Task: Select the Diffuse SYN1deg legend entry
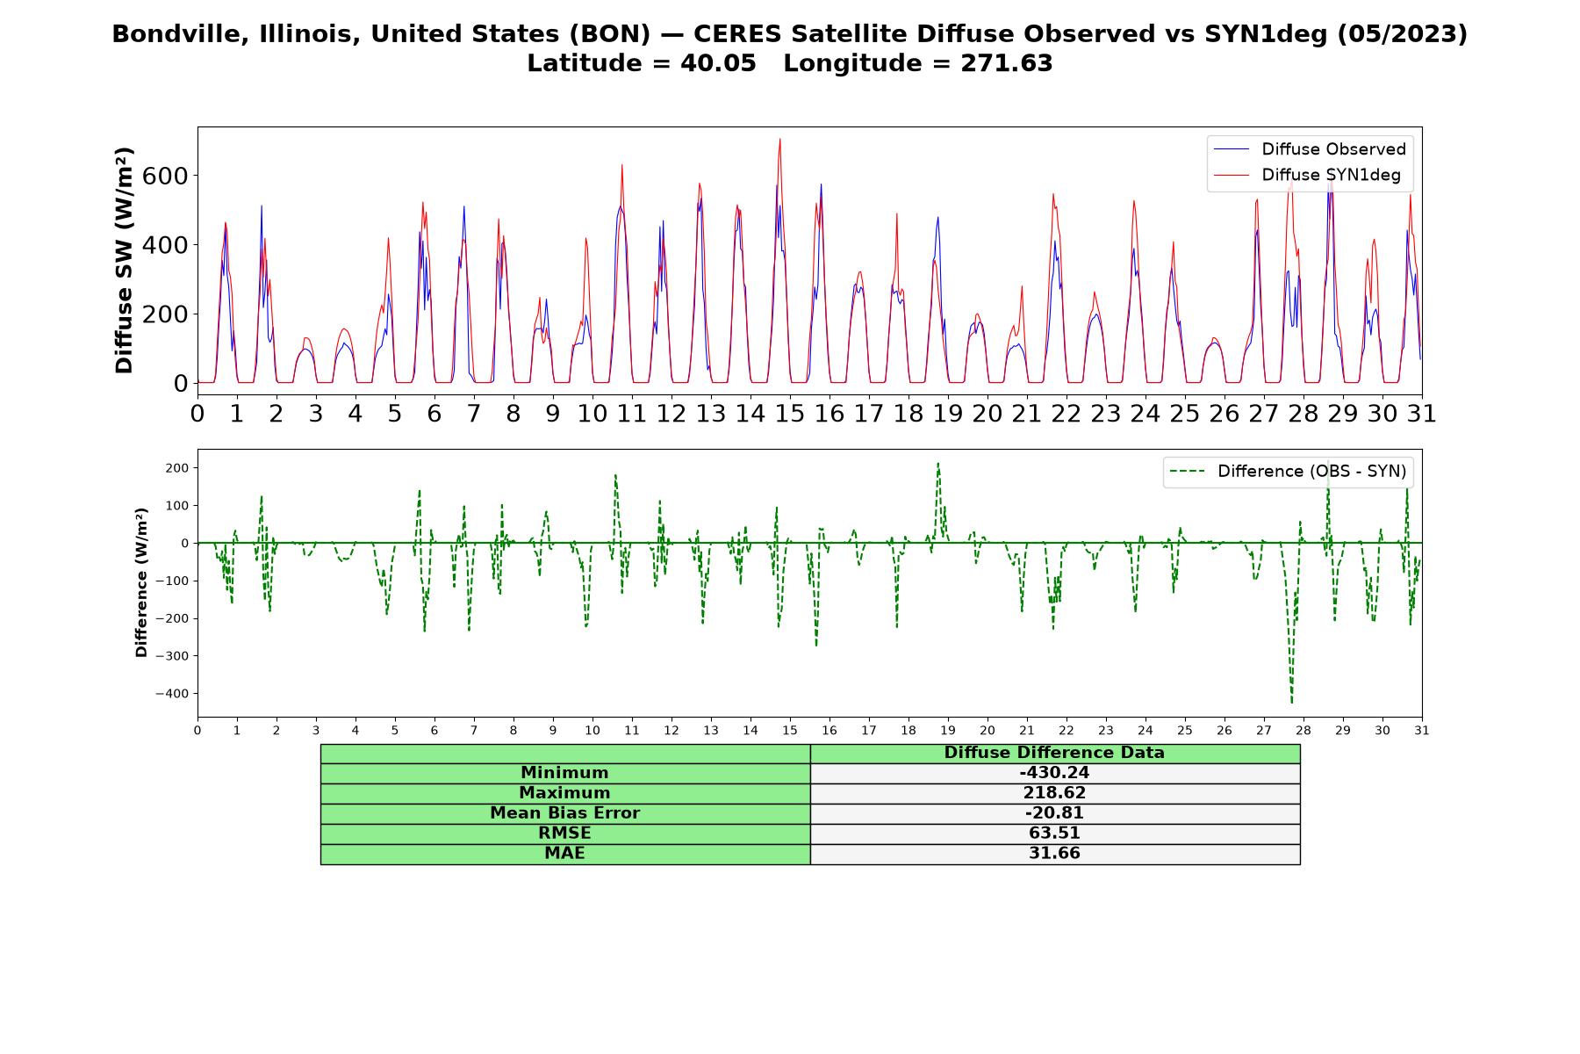tap(1307, 175)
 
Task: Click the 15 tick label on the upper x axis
tap(790, 413)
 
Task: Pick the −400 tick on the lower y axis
tap(173, 694)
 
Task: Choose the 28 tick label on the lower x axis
tap(1303, 730)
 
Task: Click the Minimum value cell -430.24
tap(1054, 773)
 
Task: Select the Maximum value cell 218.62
tap(1054, 793)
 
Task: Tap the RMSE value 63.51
tap(1054, 834)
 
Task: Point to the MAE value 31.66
tap(1054, 854)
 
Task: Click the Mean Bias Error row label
tap(564, 813)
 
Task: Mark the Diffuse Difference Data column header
tap(1054, 753)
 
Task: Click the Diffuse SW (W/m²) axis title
tap(124, 260)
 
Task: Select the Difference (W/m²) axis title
tap(141, 582)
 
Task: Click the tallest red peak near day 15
tap(779, 139)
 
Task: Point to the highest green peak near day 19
tap(937, 463)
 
